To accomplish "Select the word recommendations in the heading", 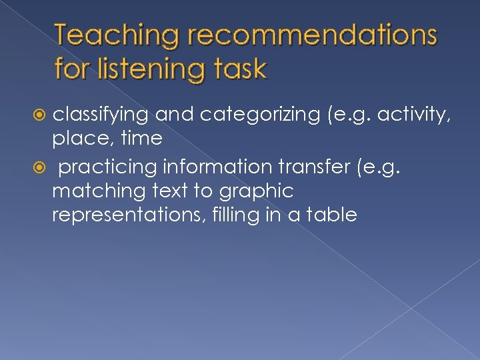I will coord(313,36).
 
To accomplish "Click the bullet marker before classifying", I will coord(41,115).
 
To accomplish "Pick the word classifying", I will coord(100,115).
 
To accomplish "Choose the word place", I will coord(76,139).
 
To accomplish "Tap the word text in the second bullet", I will coord(171,191).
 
